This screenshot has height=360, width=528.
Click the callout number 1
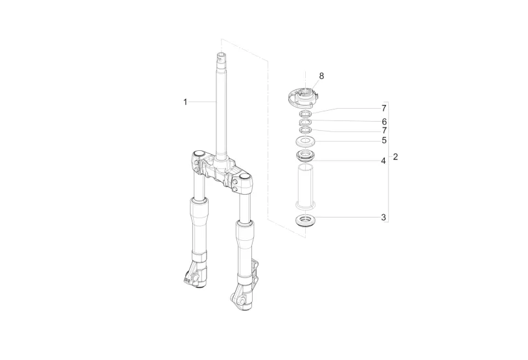pos(185,102)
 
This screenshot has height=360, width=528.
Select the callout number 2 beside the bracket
pos(395,157)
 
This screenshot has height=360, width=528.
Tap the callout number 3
pos(383,218)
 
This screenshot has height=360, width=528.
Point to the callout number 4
pos(383,161)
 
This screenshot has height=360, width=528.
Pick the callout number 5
pos(384,141)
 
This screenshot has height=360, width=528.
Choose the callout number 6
pos(384,122)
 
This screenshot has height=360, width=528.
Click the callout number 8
pos(321,76)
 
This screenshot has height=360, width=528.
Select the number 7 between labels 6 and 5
pos(384,131)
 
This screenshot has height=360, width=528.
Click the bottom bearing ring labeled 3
pos(305,221)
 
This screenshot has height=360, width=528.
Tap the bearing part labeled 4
pos(305,157)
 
